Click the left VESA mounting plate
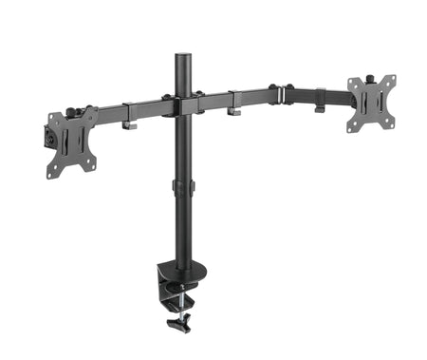click(x=72, y=141)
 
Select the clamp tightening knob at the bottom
click(x=176, y=325)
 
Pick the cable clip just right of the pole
click(x=233, y=111)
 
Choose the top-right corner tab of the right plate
click(x=390, y=80)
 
